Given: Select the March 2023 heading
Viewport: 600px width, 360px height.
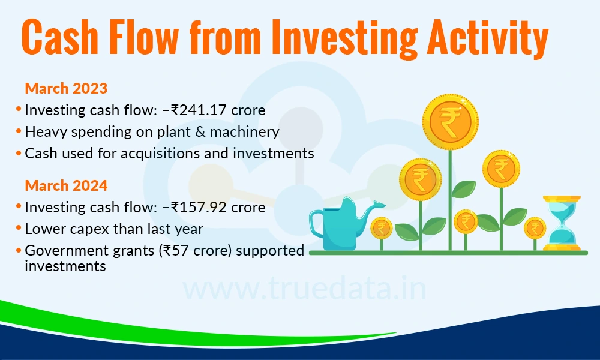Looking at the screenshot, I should (x=66, y=88).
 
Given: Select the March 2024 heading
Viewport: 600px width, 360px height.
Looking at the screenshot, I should (x=66, y=185).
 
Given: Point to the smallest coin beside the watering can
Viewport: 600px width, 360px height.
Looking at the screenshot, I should (x=381, y=228).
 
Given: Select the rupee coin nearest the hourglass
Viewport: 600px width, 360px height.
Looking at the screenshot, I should (x=535, y=228).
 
